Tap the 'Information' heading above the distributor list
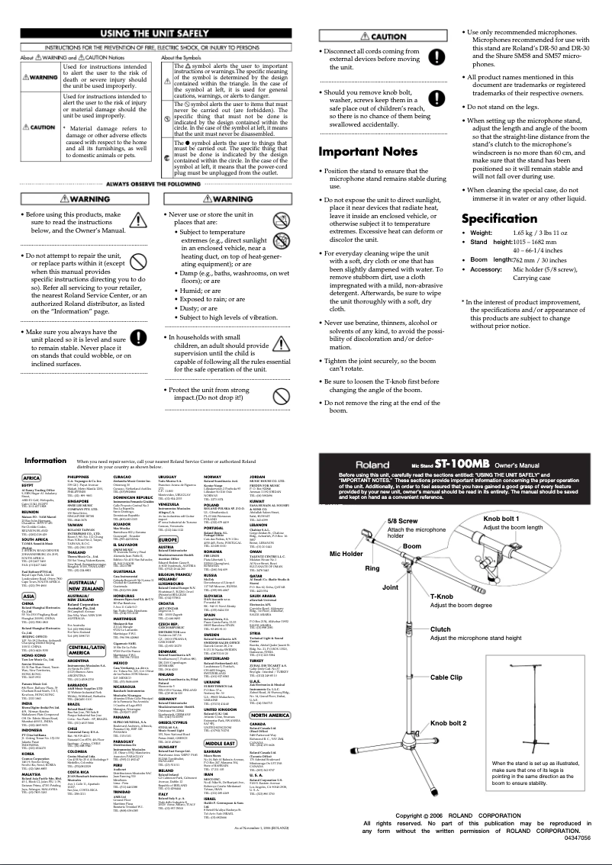point(45,461)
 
